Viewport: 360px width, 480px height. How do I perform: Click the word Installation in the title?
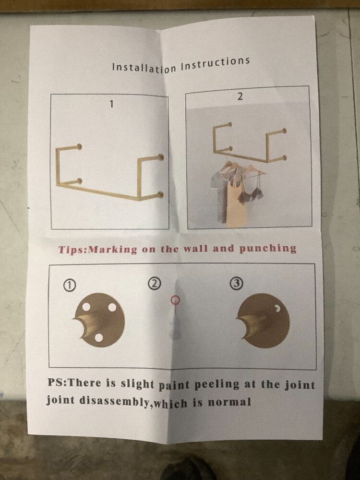pyautogui.click(x=144, y=67)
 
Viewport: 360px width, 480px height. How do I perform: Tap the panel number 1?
pyautogui.click(x=112, y=104)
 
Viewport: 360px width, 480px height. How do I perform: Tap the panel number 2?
pyautogui.click(x=240, y=97)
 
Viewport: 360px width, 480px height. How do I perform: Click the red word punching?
pyautogui.click(x=267, y=248)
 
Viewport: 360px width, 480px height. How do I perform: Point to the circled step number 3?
pyautogui.click(x=236, y=284)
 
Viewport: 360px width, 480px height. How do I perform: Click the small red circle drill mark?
pyautogui.click(x=175, y=300)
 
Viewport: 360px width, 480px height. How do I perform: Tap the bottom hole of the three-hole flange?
pyautogui.click(x=98, y=337)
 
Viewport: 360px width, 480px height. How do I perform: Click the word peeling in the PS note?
pyautogui.click(x=217, y=385)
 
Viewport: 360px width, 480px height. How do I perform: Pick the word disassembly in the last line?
pyautogui.click(x=116, y=402)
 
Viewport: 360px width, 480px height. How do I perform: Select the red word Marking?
pyautogui.click(x=113, y=249)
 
